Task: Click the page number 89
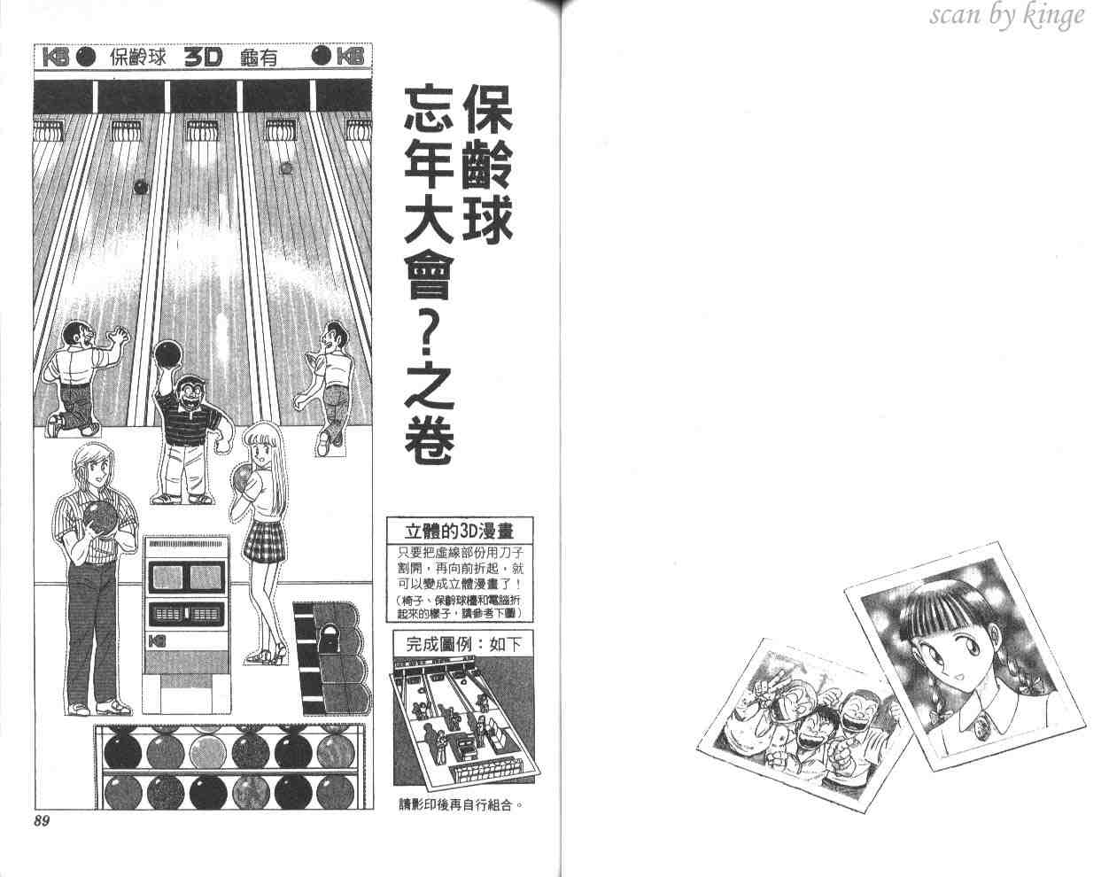pyautogui.click(x=43, y=821)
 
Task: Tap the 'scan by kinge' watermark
pyautogui.click(x=1006, y=15)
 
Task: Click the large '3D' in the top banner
pyautogui.click(x=203, y=58)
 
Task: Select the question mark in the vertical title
pyautogui.click(x=429, y=335)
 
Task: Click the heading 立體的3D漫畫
pyautogui.click(x=460, y=532)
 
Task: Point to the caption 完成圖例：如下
pyautogui.click(x=463, y=644)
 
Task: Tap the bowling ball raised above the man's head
pyautogui.click(x=167, y=353)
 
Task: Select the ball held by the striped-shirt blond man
pyautogui.click(x=101, y=520)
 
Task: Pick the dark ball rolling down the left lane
pyautogui.click(x=141, y=187)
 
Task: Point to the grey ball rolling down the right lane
pyautogui.click(x=285, y=168)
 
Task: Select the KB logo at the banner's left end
pyautogui.click(x=55, y=57)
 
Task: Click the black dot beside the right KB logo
pyautogui.click(x=322, y=56)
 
